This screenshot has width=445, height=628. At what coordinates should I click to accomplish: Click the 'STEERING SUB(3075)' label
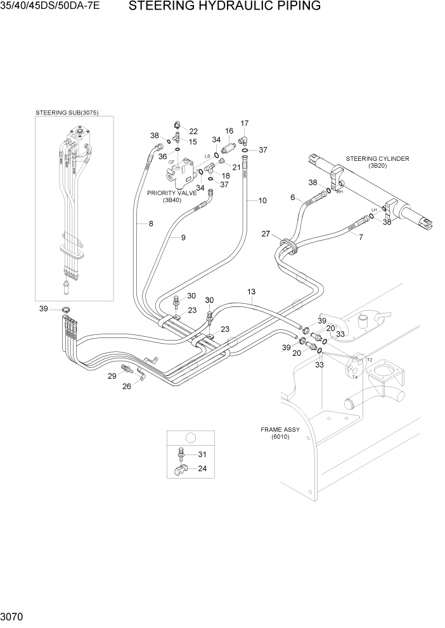tap(75, 113)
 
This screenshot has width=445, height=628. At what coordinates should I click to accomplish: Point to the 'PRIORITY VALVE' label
tap(171, 192)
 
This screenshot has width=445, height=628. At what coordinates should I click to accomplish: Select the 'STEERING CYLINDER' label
tap(377, 158)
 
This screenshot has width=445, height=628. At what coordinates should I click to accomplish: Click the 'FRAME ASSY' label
tap(280, 429)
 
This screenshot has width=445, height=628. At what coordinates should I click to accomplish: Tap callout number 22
tap(193, 131)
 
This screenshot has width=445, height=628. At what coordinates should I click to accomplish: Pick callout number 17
tap(244, 123)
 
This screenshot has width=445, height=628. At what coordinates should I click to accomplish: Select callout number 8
tap(150, 223)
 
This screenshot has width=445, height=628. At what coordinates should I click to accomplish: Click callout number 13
tap(251, 291)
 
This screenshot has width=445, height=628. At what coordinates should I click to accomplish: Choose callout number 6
tap(293, 198)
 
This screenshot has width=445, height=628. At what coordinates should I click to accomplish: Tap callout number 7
tap(361, 237)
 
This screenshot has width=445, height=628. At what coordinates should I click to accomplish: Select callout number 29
tap(112, 376)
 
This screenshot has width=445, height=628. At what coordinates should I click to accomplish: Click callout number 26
tap(127, 386)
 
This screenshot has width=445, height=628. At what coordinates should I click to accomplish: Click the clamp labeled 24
tap(180, 470)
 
